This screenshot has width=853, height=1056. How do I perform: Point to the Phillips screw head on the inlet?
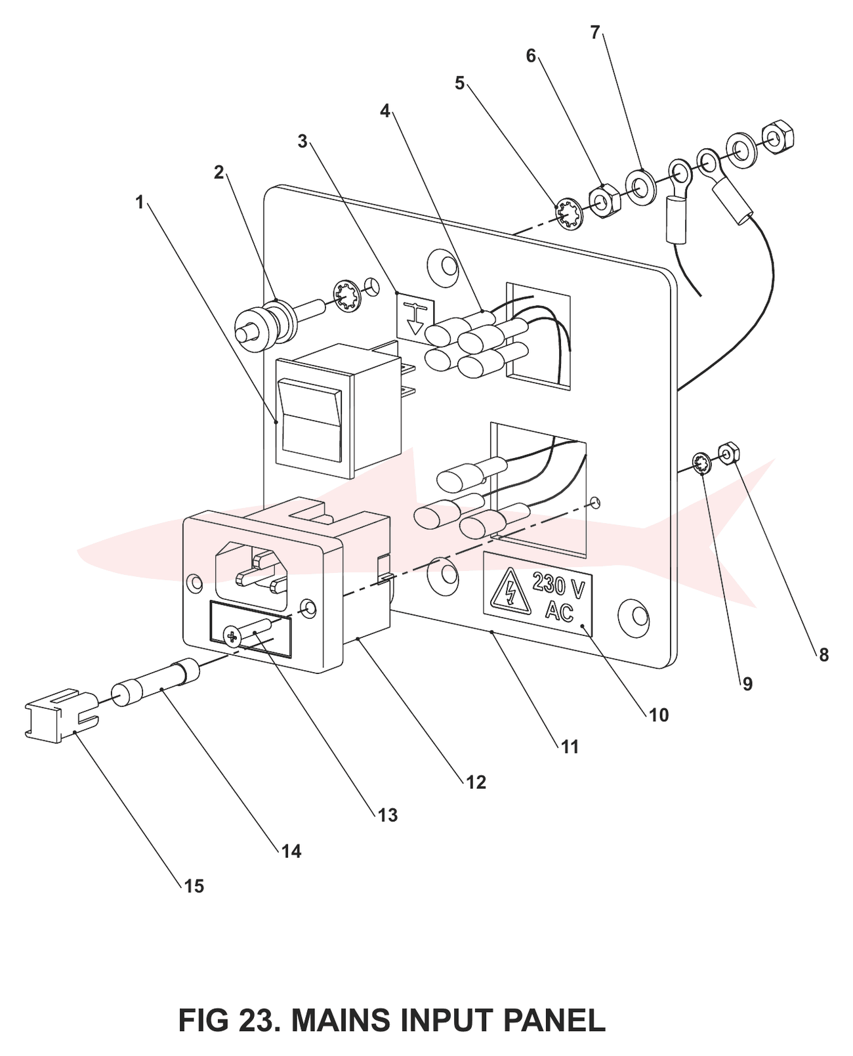233,636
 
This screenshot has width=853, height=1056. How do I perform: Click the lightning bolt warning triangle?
509,590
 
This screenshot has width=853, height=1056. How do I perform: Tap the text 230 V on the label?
558,585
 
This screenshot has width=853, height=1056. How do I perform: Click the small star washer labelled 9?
702,464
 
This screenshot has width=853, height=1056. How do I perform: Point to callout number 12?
476,782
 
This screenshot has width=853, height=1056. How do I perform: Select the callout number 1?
140,202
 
